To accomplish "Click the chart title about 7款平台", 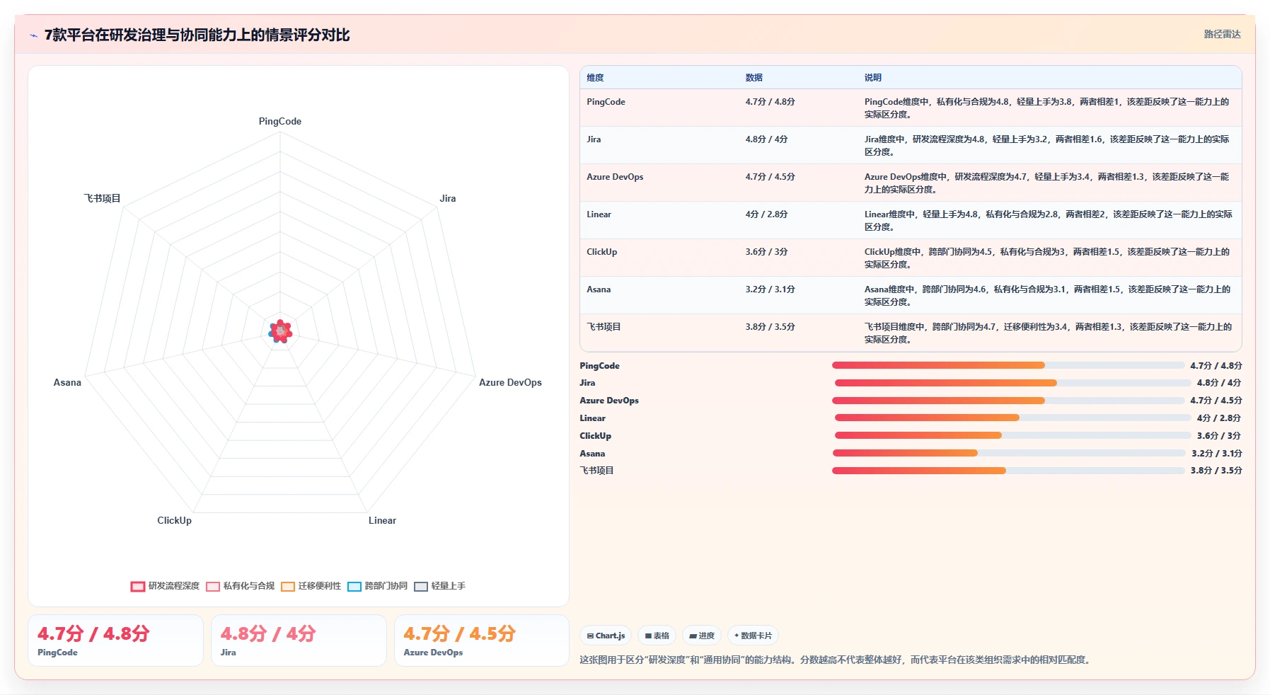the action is click(x=197, y=35).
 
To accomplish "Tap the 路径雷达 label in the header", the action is click(x=1222, y=34).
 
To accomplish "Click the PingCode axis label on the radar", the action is click(x=280, y=121).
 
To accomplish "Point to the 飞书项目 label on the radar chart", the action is click(x=103, y=198).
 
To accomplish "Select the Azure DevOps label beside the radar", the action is click(x=510, y=382).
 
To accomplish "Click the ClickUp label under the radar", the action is click(x=174, y=520).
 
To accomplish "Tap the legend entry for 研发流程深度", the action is click(x=165, y=586).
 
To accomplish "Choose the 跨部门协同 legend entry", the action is click(x=378, y=586).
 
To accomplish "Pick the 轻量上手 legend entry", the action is click(x=440, y=586).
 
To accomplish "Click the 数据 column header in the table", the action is click(x=754, y=78).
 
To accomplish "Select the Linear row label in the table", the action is click(x=599, y=214).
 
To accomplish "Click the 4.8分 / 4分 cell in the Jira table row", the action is click(x=766, y=139).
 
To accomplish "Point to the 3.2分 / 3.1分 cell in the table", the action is click(x=770, y=289).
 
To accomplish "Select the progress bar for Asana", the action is click(x=1009, y=453).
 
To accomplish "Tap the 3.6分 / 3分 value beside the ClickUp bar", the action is click(x=1219, y=436).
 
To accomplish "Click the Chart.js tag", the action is click(x=606, y=636).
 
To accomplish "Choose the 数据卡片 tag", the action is click(x=753, y=636).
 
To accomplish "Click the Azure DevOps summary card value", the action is click(x=459, y=633).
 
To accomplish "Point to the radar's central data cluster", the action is click(x=280, y=331).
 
